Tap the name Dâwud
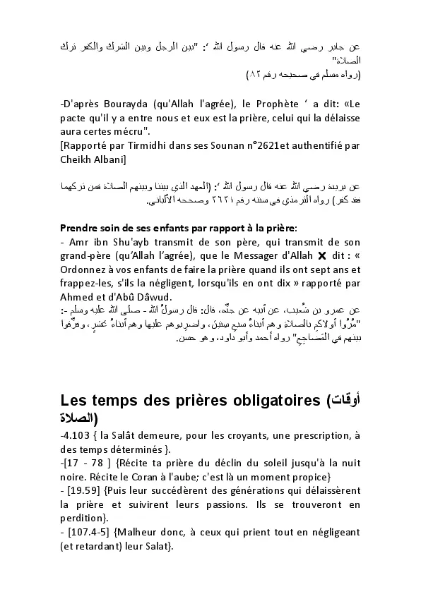point(165,297)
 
